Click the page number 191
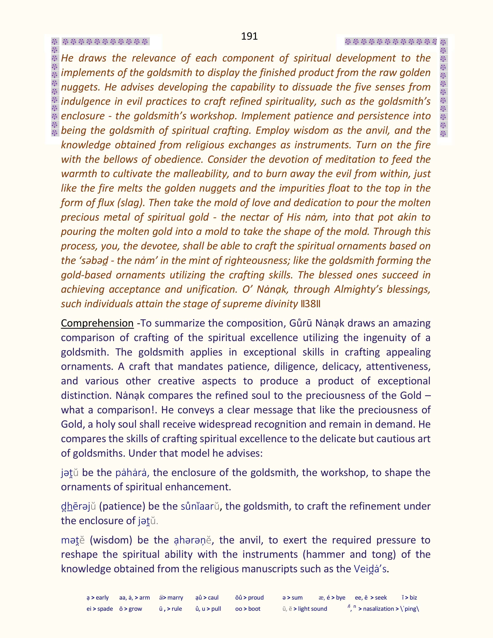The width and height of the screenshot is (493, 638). coord(249,36)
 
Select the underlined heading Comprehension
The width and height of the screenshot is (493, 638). coord(97,323)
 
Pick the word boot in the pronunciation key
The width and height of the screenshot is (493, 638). coord(254,609)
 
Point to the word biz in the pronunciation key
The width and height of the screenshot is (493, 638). coord(413,598)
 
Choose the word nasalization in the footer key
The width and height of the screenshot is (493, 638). coord(379,609)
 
